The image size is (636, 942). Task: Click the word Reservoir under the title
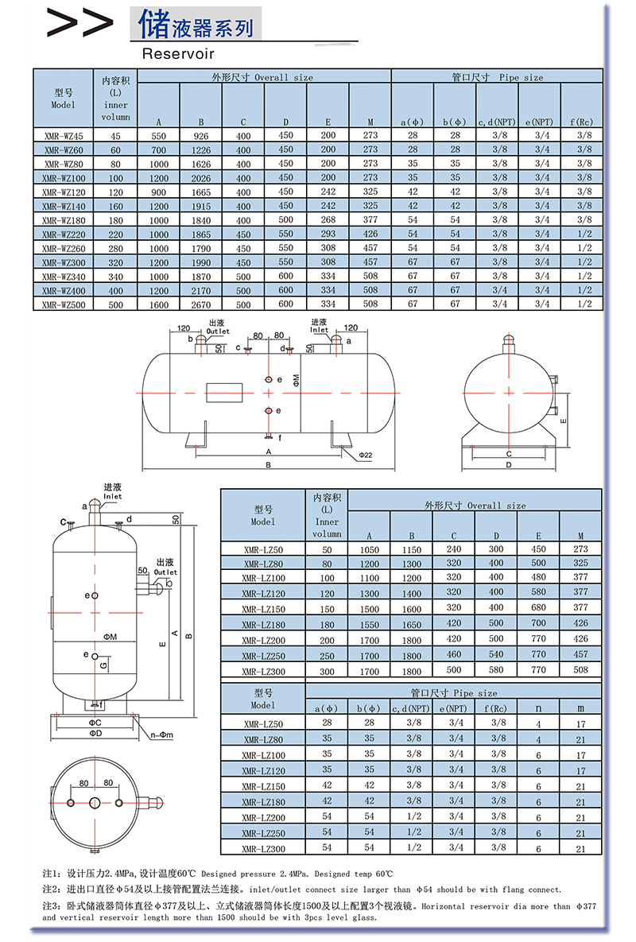coord(178,53)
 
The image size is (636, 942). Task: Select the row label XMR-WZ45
coord(64,136)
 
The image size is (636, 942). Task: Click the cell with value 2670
coord(201,304)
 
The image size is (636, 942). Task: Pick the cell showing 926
coord(201,136)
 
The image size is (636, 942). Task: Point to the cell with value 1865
coord(201,235)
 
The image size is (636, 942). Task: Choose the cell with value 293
coord(328,235)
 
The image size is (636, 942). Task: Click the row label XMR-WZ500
coord(64,304)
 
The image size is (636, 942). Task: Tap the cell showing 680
coord(538,608)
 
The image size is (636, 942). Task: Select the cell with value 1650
coord(412,625)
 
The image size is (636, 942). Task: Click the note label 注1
coord(49,873)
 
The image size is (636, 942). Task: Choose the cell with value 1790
coord(201,248)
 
